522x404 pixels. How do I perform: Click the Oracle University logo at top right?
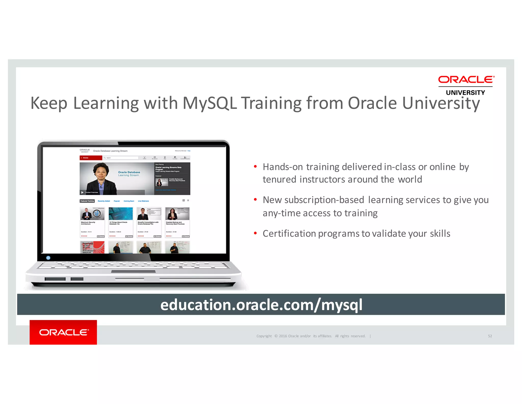466,85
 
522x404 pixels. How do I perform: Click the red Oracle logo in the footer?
63,332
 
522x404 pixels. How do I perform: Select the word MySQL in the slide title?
210,103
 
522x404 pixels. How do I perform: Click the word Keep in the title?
49,103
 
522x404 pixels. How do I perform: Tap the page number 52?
490,336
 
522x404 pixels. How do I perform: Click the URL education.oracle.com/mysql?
261,305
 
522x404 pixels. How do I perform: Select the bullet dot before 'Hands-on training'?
255,167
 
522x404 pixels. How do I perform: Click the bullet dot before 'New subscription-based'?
255,200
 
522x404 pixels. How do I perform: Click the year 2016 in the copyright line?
283,336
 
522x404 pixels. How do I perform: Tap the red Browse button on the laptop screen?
91,158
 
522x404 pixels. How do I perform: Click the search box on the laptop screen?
121,158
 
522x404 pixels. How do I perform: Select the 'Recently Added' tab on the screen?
104,201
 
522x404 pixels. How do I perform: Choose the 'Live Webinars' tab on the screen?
143,201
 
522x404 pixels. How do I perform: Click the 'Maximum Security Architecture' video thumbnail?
92,213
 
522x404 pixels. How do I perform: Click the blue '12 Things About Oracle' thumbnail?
121,213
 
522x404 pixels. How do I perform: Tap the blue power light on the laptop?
48,258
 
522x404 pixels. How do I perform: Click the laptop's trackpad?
133,271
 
